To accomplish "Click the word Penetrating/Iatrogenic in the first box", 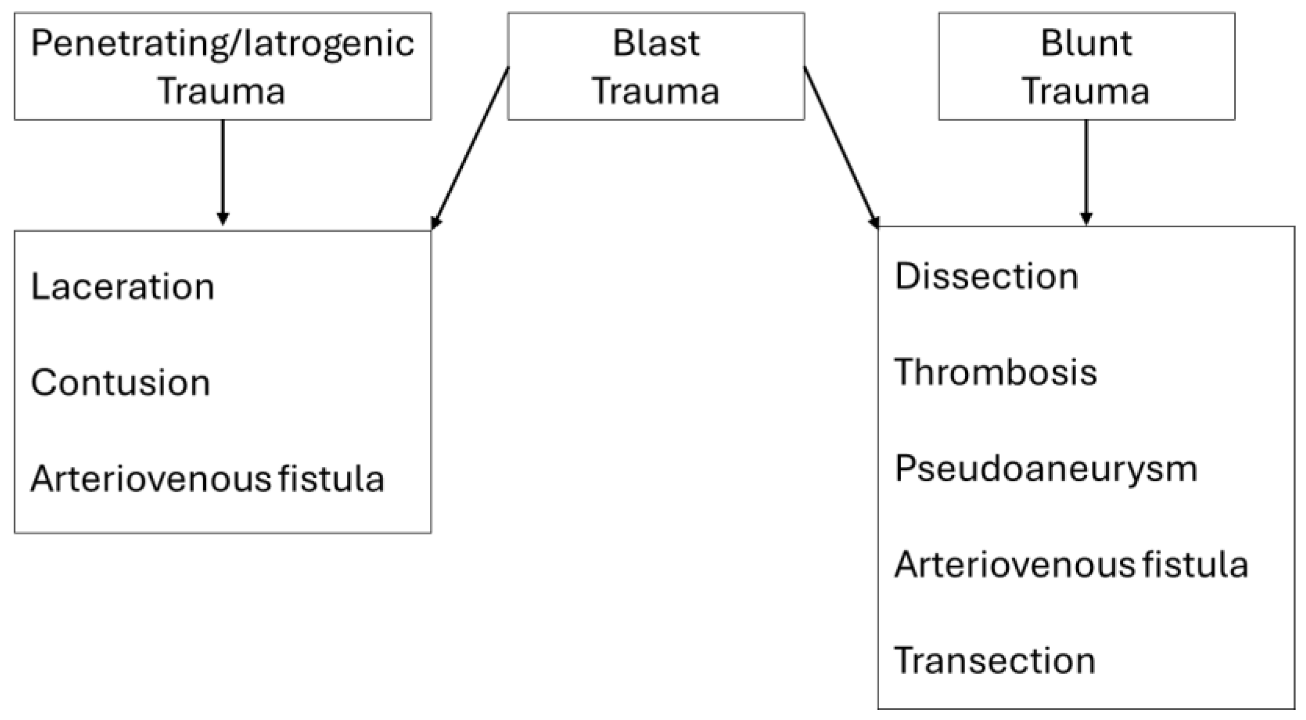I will coord(223,44).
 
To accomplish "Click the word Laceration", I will coord(122,287).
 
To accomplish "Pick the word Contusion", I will coord(120,382).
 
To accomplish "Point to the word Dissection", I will coord(986,276).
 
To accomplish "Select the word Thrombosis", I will coord(995,373).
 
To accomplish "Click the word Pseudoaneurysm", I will coord(1045,468).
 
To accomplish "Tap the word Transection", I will coord(994,660).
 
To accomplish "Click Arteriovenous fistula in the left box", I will coord(207,478).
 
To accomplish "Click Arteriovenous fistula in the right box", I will coord(1071,564).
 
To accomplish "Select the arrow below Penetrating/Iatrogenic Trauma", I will coord(223,172).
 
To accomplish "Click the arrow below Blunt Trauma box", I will coord(1086,172).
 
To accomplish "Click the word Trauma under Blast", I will coord(656,91).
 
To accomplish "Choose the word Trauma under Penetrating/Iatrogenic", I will coord(221,91).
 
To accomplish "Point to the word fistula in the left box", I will coord(331,478).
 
